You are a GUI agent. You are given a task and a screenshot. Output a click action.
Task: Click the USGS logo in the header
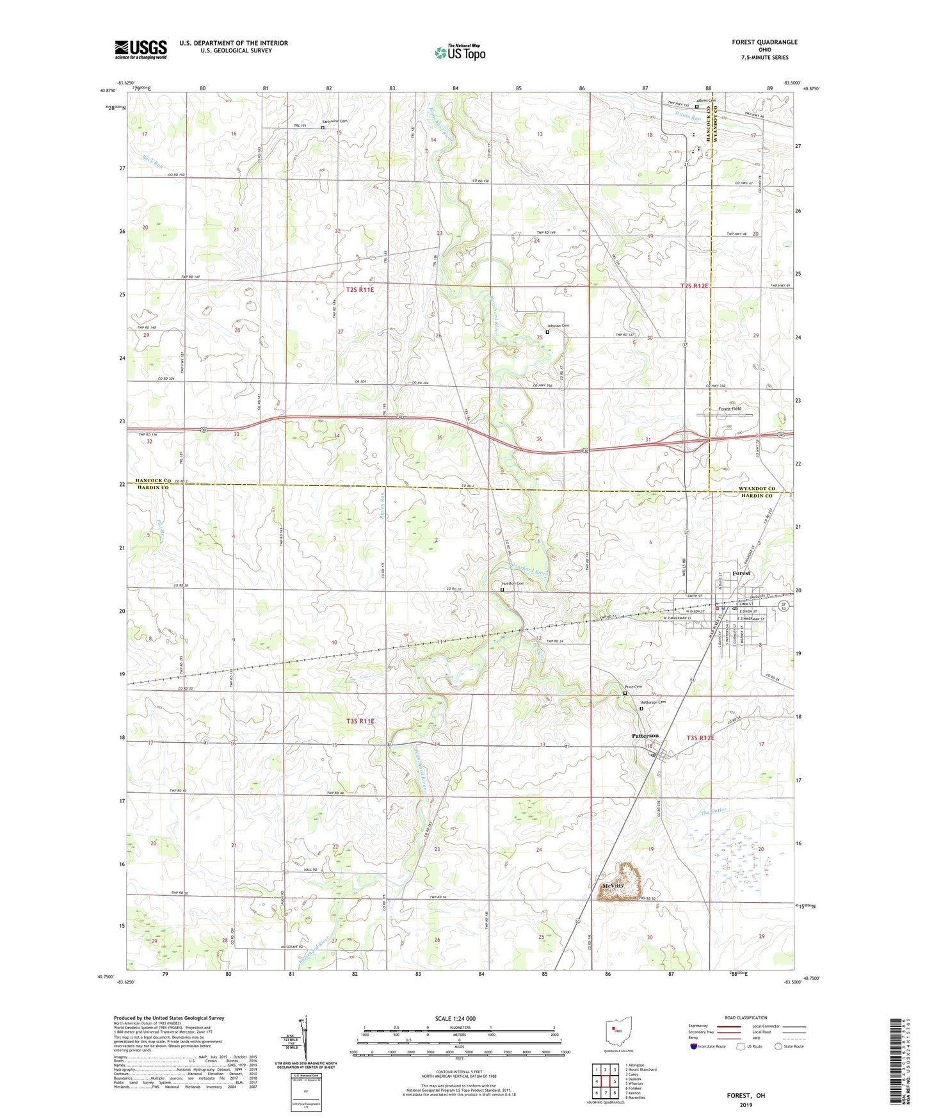141,49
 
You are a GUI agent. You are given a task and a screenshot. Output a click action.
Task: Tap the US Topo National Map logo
460,53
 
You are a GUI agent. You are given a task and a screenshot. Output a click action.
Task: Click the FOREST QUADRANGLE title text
764,42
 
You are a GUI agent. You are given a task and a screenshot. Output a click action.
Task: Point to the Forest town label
741,573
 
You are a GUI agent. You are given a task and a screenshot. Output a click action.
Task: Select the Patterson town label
645,736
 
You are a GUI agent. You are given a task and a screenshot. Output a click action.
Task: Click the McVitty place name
613,886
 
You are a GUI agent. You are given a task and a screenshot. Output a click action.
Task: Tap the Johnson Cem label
557,326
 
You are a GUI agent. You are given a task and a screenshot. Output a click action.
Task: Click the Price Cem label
633,686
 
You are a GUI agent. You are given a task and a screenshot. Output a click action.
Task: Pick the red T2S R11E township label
360,289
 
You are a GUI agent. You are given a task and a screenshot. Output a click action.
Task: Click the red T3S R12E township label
700,738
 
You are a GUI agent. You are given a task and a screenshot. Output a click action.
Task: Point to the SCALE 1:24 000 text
455,1018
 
